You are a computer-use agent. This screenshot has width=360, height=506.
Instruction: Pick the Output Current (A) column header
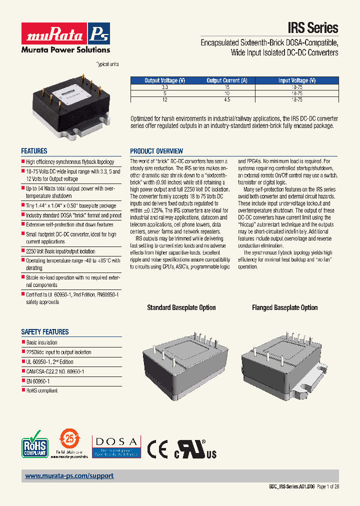[x=226, y=80]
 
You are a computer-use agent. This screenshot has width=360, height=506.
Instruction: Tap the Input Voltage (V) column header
[x=296, y=80]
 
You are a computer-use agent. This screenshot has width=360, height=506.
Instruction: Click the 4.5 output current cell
[x=226, y=99]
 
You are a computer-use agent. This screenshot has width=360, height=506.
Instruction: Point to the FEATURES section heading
[x=34, y=151]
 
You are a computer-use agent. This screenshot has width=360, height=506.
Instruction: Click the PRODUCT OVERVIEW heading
[x=156, y=151]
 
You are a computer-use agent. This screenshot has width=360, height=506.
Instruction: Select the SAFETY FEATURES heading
[x=45, y=332]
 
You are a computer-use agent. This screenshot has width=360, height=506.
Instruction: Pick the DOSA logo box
[x=116, y=446]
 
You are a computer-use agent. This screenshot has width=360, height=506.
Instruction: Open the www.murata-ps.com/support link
[x=69, y=476]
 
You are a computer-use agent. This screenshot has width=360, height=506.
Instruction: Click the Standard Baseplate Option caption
[x=181, y=307]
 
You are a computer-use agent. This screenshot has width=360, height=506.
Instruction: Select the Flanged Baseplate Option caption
[x=284, y=307]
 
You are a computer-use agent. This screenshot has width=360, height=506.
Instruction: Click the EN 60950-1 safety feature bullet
[x=37, y=381]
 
